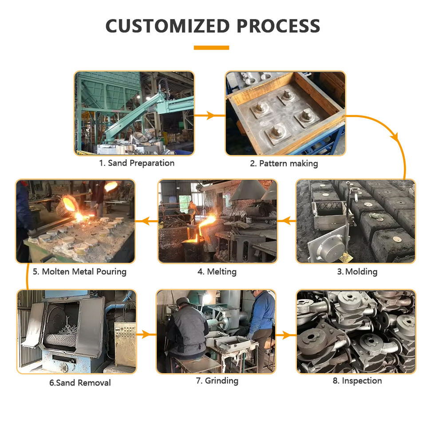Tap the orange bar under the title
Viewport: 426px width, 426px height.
[x=212, y=47]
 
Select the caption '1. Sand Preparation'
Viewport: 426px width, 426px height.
[x=137, y=163]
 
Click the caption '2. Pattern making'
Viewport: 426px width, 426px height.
[x=284, y=163]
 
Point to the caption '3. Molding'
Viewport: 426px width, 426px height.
[x=357, y=272]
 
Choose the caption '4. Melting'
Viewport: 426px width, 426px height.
[x=217, y=272]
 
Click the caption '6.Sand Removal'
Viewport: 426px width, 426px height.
[x=80, y=383]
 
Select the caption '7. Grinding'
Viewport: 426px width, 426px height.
[x=217, y=381]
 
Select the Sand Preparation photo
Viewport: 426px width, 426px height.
[x=134, y=113]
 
